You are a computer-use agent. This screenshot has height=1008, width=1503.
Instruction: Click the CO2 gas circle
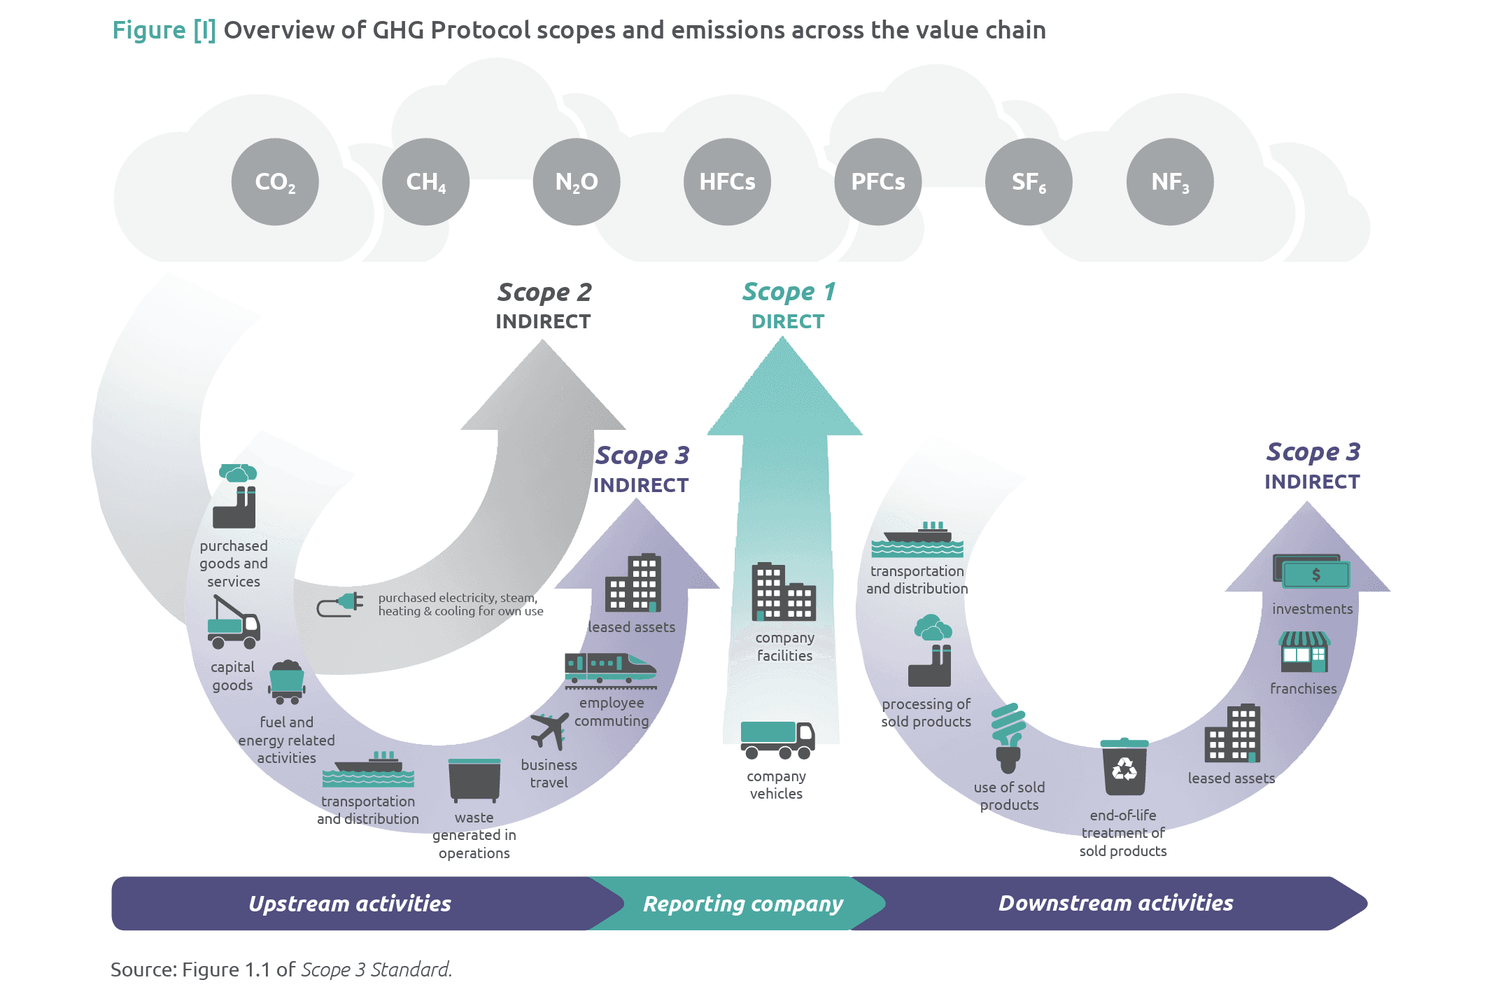click(275, 182)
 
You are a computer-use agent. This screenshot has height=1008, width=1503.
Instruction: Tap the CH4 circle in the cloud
click(425, 182)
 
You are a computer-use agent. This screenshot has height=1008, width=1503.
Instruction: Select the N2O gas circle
click(577, 182)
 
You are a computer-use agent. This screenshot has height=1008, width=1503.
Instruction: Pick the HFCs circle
click(727, 182)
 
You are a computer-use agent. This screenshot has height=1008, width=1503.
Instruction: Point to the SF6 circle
click(1029, 182)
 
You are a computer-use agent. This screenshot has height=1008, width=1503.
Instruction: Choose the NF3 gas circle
click(1170, 182)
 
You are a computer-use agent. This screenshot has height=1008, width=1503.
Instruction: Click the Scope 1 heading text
click(789, 292)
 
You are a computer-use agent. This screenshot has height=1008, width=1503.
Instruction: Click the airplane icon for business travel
click(549, 730)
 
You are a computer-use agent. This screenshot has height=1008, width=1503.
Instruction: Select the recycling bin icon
click(1124, 766)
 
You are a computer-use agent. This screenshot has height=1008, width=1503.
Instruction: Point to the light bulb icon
click(1008, 738)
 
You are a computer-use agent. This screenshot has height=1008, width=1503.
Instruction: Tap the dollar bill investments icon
click(1311, 573)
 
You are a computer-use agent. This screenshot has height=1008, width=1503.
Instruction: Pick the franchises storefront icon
click(1304, 652)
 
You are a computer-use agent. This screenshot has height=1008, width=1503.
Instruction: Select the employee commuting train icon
click(610, 668)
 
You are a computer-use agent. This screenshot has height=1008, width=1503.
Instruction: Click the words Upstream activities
click(350, 904)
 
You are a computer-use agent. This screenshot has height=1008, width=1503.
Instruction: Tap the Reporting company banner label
click(743, 904)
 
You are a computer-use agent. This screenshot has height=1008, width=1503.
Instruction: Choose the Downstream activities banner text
click(1115, 903)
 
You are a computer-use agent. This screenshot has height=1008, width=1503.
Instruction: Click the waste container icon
click(474, 780)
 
